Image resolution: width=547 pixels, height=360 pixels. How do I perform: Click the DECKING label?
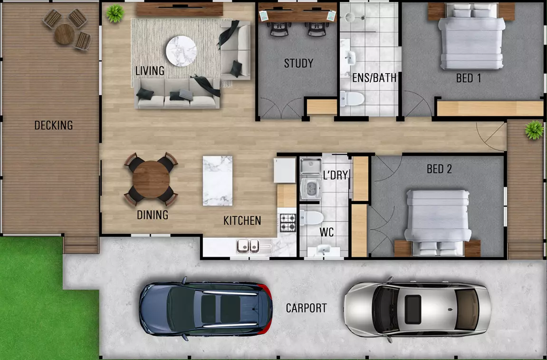click(x=53, y=126)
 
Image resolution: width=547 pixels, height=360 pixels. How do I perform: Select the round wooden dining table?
click(x=151, y=179)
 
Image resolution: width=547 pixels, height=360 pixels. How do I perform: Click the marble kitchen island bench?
click(x=218, y=181)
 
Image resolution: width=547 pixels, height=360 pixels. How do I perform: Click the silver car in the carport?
click(x=417, y=307)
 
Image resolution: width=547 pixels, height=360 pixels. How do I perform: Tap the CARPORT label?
click(x=306, y=308)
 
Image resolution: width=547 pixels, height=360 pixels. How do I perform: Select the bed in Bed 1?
click(x=471, y=38)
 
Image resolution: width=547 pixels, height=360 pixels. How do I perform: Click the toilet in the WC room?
click(x=312, y=218)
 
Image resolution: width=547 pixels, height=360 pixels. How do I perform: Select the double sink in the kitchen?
click(x=248, y=246)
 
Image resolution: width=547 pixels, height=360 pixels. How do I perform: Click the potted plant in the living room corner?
click(x=115, y=13)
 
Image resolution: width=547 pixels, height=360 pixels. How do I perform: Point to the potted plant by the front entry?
click(x=534, y=129)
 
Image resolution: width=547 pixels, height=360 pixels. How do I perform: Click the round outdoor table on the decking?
click(x=65, y=34)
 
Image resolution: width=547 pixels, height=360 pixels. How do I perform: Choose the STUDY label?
click(x=298, y=63)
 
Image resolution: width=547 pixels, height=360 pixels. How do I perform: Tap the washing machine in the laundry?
click(x=311, y=186)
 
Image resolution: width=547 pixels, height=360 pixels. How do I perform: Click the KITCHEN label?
click(x=242, y=221)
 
